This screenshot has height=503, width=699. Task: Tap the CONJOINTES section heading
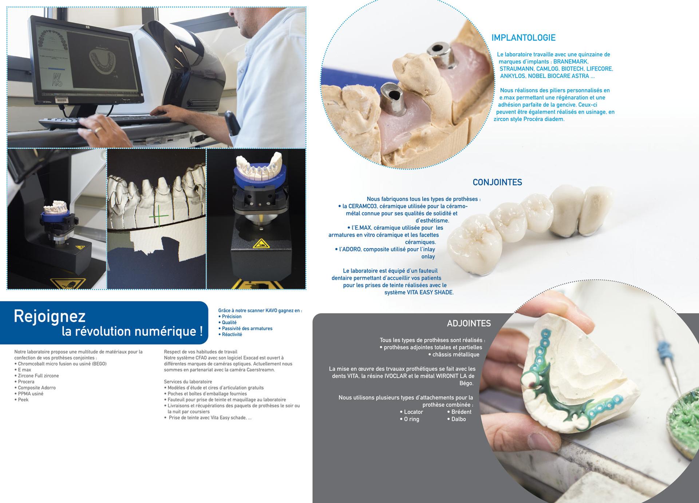coord(497,182)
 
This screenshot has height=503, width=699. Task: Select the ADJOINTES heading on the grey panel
coord(469,323)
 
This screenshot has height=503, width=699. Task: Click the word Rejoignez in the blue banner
coord(50,316)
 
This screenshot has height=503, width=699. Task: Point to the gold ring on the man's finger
coord(98,129)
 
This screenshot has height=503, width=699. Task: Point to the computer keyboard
coord(106,121)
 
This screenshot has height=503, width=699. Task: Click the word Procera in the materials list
coord(26,382)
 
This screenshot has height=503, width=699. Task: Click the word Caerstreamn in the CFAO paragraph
coord(261,370)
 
